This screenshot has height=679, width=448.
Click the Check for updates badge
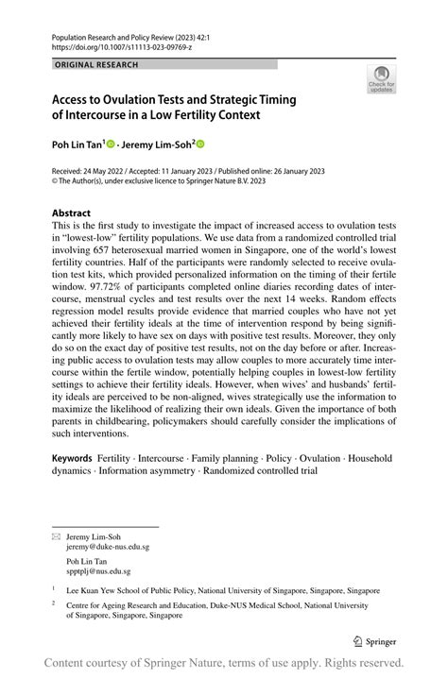click(383, 78)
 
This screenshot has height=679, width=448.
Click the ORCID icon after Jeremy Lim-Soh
click(199, 144)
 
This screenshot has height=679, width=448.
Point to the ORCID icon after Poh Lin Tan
click(110, 144)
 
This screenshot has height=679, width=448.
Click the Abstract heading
click(72, 213)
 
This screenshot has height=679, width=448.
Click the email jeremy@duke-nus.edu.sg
click(107, 546)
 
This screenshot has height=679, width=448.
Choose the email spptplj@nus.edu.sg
click(100, 570)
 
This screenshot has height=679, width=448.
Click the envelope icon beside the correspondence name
click(55, 535)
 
